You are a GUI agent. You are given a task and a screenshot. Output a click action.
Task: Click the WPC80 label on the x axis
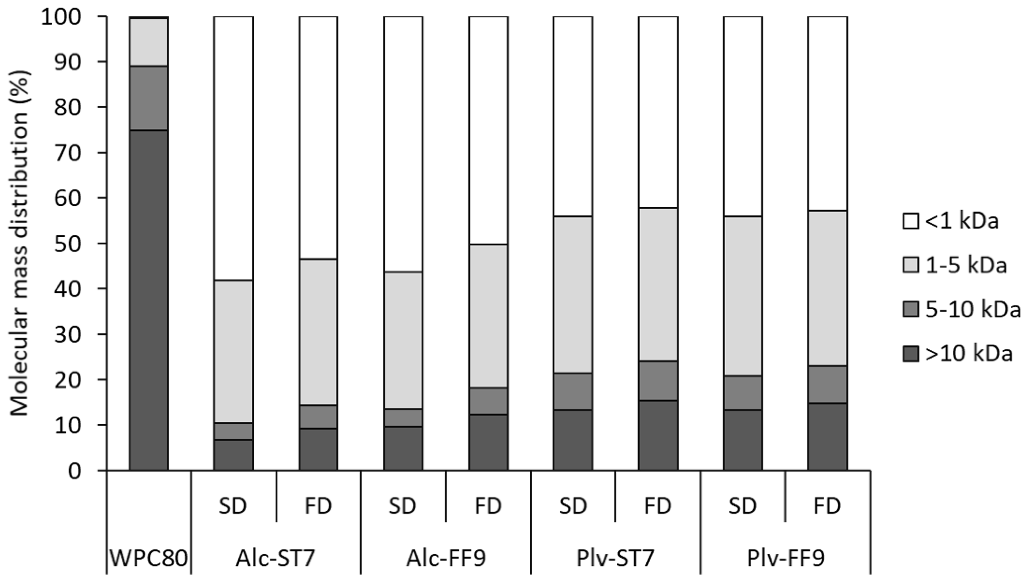pyautogui.click(x=148, y=558)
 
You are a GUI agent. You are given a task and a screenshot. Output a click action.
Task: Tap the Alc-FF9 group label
pyautogui.click(x=446, y=558)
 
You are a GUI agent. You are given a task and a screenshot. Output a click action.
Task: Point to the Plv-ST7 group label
pyautogui.click(x=616, y=558)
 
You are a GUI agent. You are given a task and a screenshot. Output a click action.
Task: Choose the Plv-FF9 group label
pyautogui.click(x=786, y=558)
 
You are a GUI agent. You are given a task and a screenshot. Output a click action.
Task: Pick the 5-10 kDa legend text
pyautogui.click(x=973, y=310)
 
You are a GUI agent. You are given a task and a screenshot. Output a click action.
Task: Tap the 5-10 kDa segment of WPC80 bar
pyautogui.click(x=148, y=98)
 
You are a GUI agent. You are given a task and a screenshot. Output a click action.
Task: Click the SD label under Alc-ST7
pyautogui.click(x=233, y=506)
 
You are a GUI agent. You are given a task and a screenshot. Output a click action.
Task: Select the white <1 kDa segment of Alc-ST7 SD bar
pyautogui.click(x=233, y=148)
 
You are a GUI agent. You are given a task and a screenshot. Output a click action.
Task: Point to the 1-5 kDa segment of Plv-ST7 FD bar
pyautogui.click(x=658, y=284)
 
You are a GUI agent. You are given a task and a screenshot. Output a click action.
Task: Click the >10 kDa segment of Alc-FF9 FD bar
pyautogui.click(x=488, y=443)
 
